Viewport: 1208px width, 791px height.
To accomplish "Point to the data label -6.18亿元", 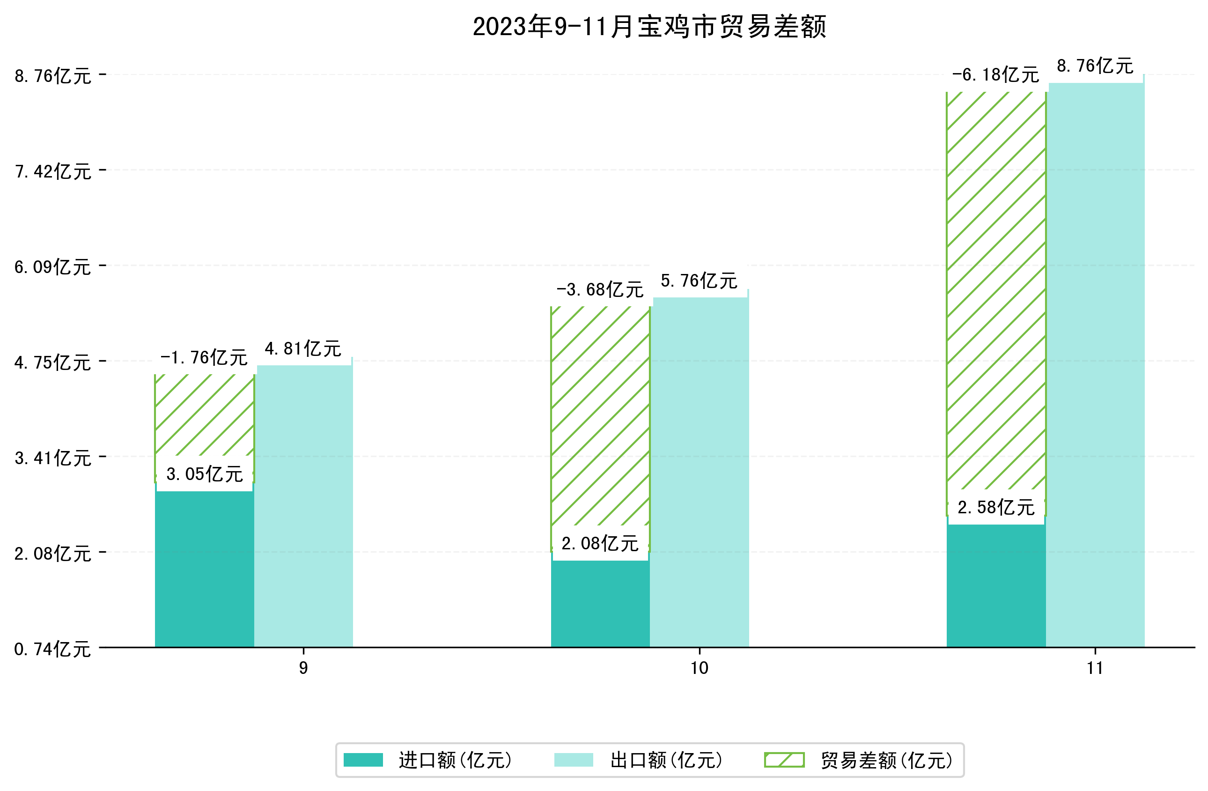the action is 995,75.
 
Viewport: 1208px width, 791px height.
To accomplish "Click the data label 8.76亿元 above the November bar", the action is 1095,66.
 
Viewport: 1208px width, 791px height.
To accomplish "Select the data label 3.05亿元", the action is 205,474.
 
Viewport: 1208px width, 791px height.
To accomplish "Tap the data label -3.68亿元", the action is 600,290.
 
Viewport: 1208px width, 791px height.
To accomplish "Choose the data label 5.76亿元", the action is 699,281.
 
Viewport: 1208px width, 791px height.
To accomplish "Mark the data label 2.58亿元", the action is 996,508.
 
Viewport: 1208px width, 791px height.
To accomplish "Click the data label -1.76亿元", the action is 204,358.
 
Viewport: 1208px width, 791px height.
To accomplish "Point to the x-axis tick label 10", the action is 700,668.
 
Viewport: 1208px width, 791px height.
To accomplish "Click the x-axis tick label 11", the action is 1095,668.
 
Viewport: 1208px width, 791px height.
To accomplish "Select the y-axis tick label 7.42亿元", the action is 53,171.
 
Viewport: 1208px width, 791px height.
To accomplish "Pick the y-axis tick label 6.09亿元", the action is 53,267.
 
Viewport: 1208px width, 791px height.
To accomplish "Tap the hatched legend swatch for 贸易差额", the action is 784,760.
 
